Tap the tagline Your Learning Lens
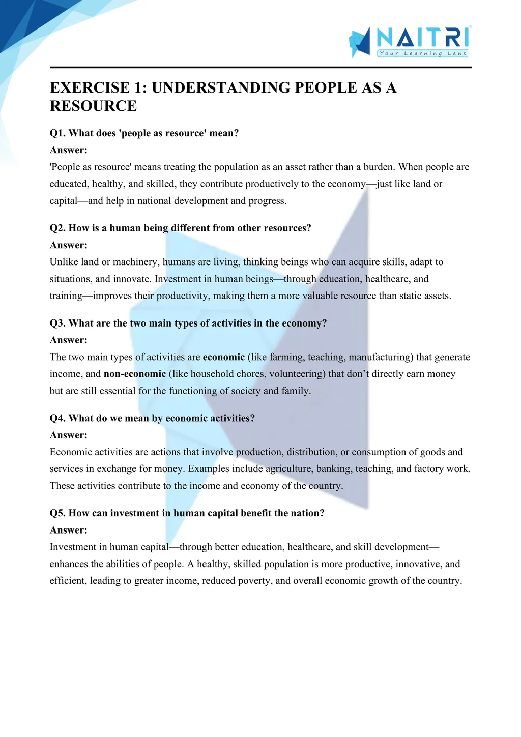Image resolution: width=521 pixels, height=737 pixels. coord(423,53)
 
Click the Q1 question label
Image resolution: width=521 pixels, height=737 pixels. coord(57,133)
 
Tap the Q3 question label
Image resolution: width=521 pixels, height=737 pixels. coord(57,323)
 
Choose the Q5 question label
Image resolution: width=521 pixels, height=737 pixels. coord(57,513)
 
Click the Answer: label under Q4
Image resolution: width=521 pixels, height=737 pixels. coord(69,435)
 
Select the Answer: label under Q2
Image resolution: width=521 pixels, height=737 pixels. coord(69,245)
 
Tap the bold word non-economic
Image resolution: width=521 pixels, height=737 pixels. coord(135,374)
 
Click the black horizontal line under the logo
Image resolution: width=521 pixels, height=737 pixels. coord(260,67)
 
